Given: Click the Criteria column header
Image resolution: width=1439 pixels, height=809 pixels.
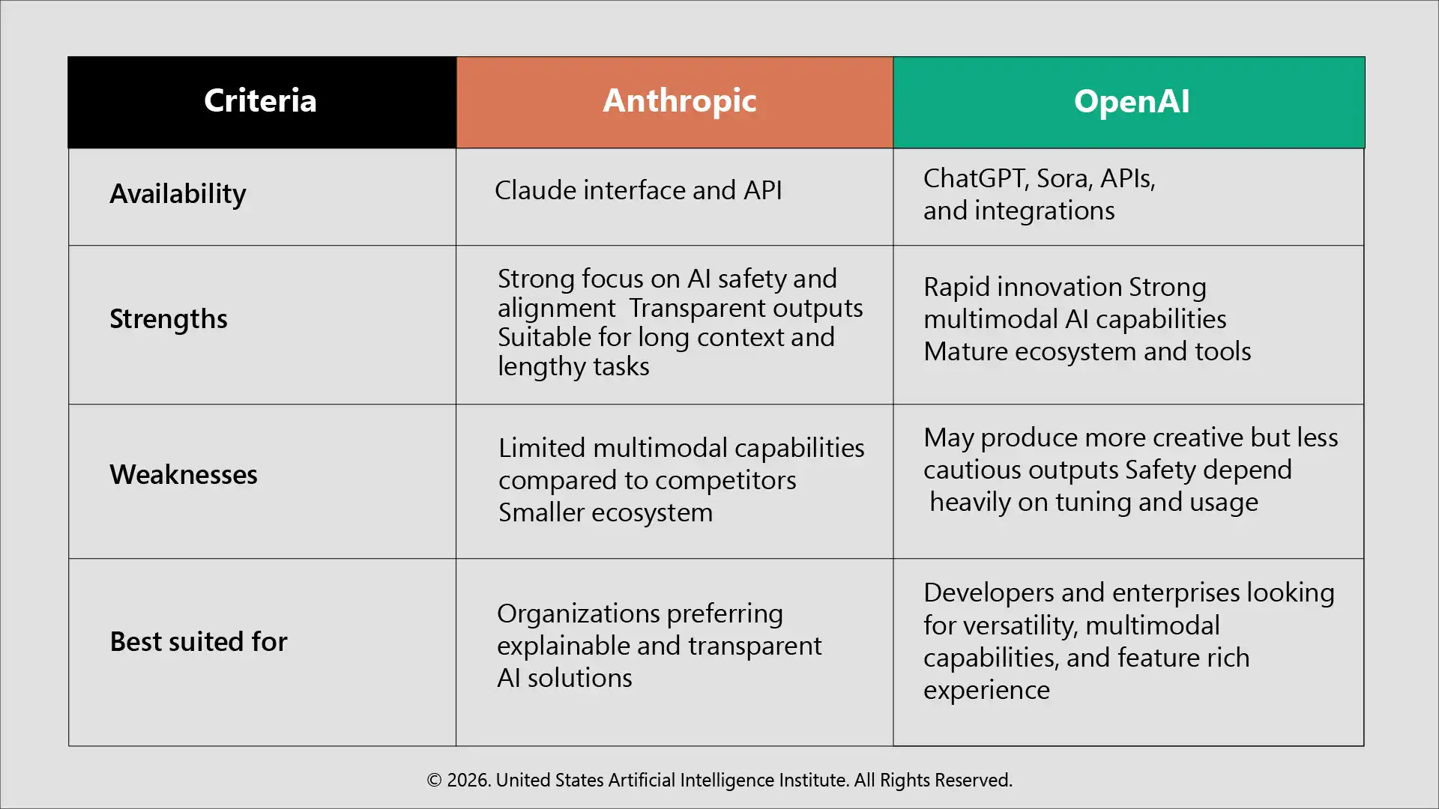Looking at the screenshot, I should (260, 101).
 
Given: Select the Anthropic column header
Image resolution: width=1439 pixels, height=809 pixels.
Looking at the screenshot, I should (679, 101).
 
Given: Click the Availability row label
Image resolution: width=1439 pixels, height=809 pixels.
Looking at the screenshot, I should (178, 194).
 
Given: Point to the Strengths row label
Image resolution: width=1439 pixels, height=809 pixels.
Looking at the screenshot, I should (169, 319).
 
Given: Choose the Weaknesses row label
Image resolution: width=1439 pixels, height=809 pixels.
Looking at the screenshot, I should (184, 475).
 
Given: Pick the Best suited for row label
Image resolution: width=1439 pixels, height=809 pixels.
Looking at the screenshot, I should (199, 642).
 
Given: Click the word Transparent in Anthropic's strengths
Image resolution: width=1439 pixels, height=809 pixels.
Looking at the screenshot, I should (687, 308).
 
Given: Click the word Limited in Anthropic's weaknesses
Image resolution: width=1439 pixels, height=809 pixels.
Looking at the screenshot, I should (542, 448).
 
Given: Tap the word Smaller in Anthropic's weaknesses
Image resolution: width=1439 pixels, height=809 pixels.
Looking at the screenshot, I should (541, 512).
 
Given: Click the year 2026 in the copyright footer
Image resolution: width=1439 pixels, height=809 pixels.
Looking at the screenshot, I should (468, 781).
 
